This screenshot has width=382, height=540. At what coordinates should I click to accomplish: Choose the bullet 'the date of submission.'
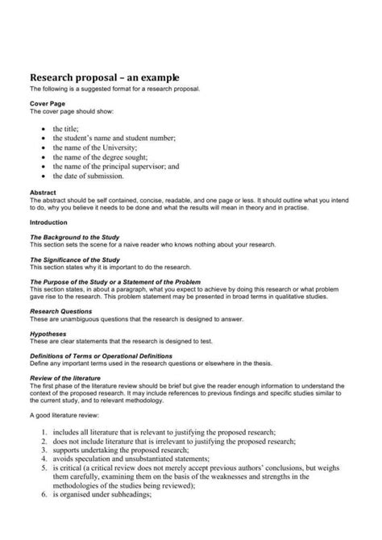point(88,176)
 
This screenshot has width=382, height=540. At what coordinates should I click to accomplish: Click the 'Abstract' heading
point(43,193)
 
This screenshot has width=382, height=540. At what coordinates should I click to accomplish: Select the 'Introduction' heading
point(48,221)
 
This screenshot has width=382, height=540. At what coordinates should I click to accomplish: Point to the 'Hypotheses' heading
point(48,332)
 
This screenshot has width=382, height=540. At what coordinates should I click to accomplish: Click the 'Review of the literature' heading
point(64,378)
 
